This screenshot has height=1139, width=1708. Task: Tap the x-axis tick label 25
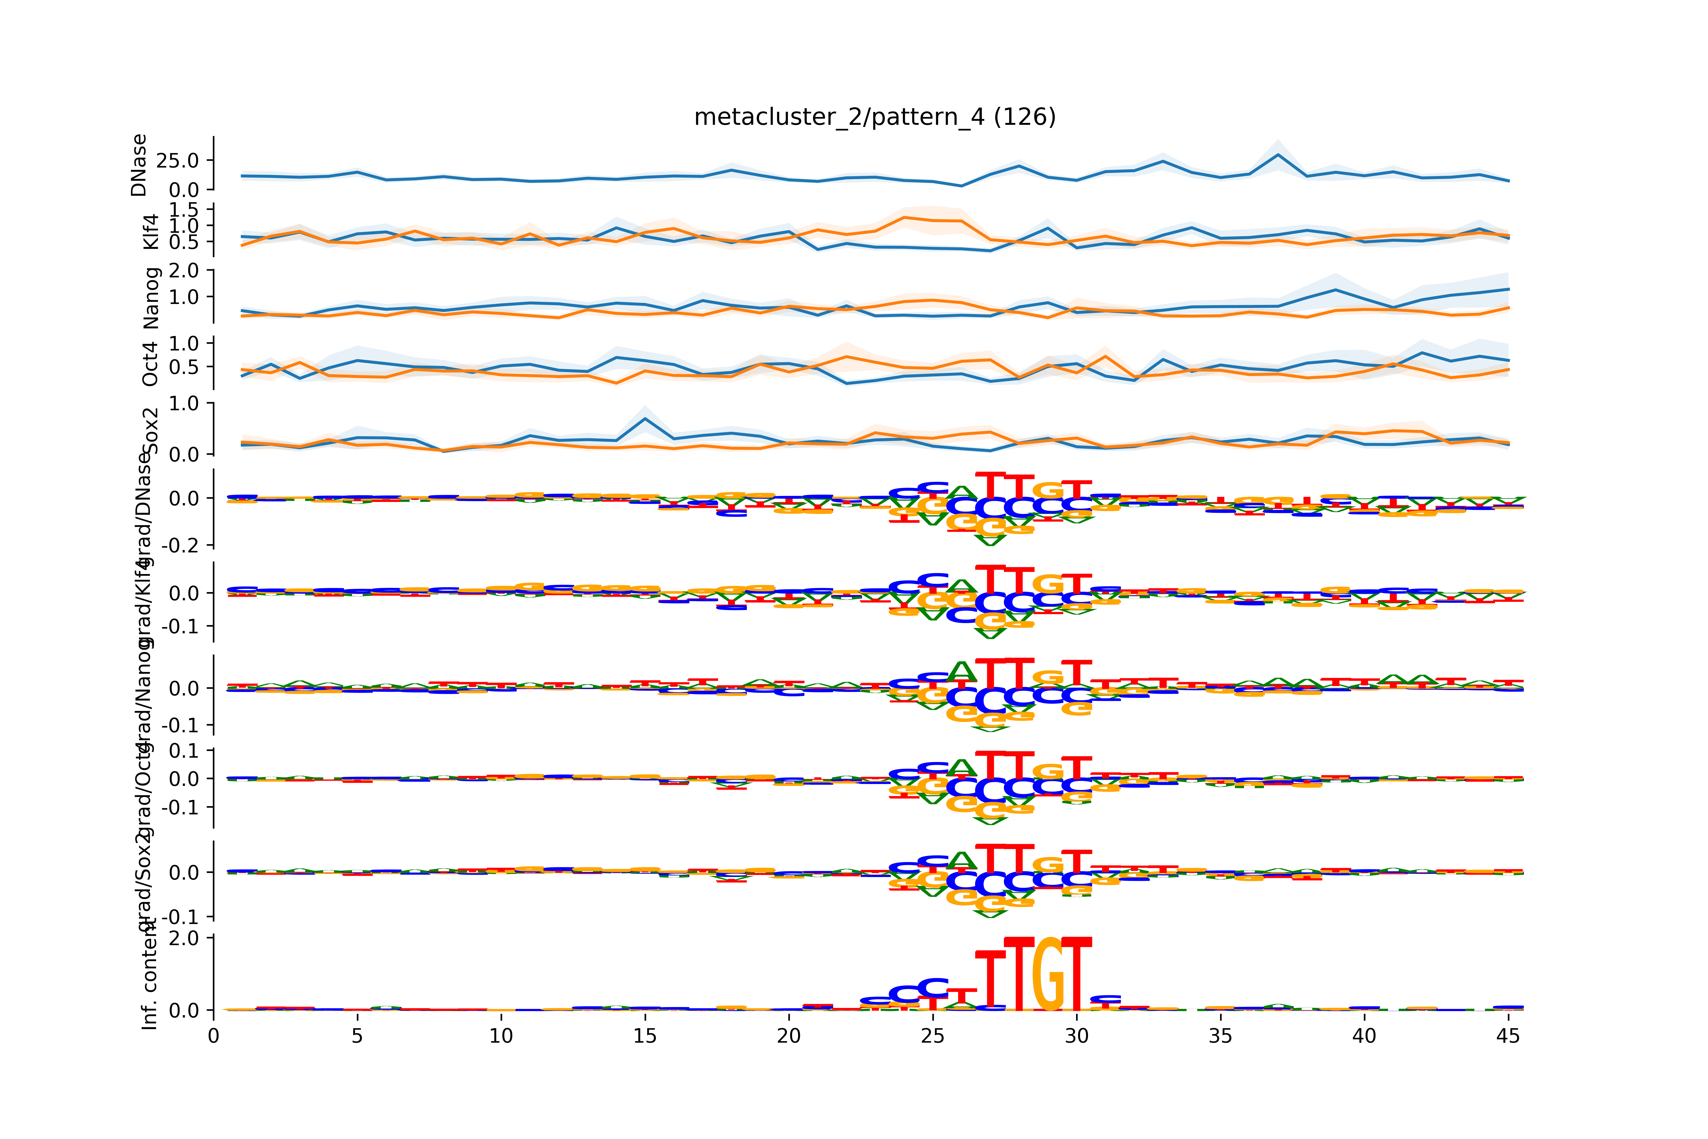click(x=933, y=1036)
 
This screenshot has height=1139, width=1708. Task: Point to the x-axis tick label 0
click(x=213, y=1036)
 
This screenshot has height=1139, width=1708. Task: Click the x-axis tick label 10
click(x=501, y=1036)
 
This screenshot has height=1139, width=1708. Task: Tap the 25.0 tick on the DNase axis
click(x=177, y=161)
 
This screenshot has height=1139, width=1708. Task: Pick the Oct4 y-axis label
click(x=150, y=363)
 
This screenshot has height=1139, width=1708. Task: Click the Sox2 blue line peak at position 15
click(x=645, y=418)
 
